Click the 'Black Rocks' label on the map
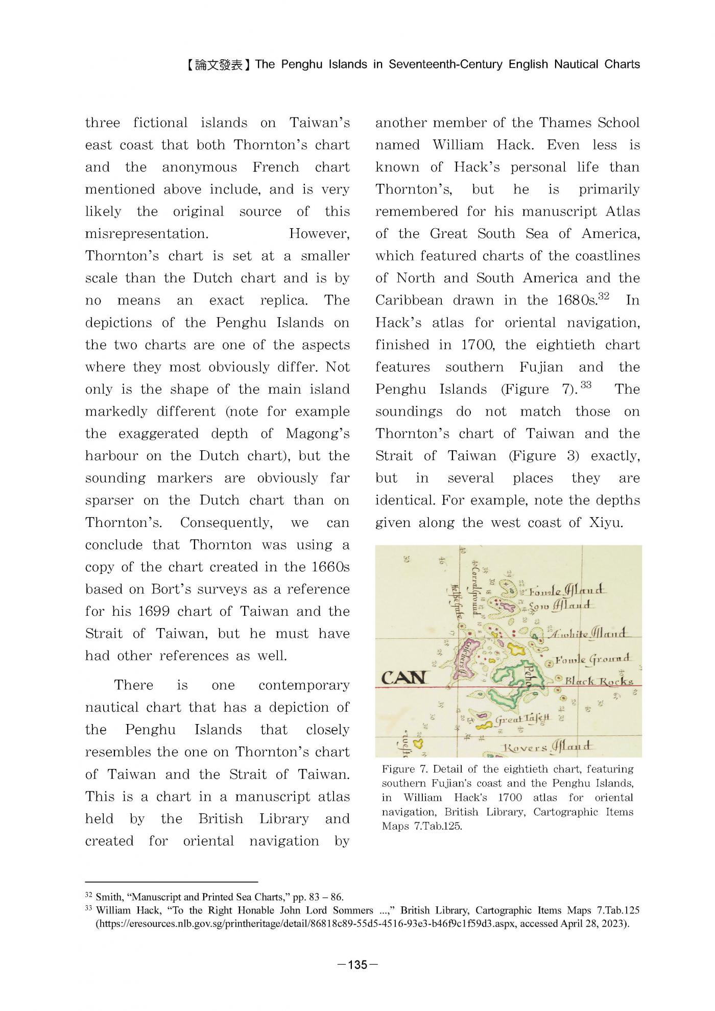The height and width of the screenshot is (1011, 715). point(599,681)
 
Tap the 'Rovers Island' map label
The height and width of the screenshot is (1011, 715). point(547,748)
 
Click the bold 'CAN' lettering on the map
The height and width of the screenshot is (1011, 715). point(403,678)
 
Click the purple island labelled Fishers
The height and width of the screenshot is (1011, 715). point(466,659)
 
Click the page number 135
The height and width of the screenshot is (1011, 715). point(357,965)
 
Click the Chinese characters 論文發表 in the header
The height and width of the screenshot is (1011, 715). point(219,65)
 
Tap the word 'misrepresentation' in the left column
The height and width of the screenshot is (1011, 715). point(146,234)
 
